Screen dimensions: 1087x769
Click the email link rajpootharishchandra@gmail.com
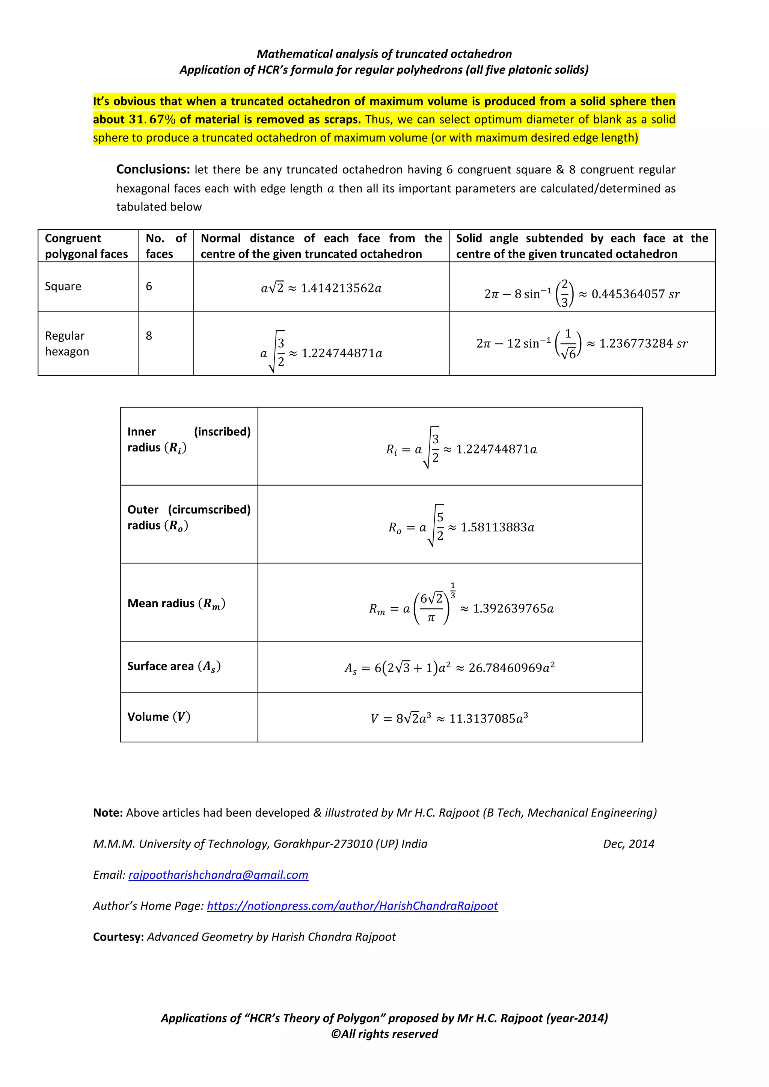pyautogui.click(x=218, y=875)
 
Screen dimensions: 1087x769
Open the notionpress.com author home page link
pyautogui.click(x=352, y=906)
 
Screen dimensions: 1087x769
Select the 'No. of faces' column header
pyautogui.click(x=166, y=246)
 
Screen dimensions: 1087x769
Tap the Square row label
pyautogui.click(x=63, y=286)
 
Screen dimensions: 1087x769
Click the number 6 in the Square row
pyautogui.click(x=149, y=286)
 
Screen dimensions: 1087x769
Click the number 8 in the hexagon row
pyautogui.click(x=149, y=336)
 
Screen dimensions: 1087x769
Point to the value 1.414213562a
pyautogui.click(x=341, y=288)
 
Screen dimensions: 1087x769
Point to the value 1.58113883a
pyautogui.click(x=497, y=527)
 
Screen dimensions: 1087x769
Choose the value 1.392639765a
pyautogui.click(x=513, y=608)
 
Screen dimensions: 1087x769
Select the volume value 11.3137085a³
pyautogui.click(x=488, y=719)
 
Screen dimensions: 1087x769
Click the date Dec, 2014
pyautogui.click(x=628, y=844)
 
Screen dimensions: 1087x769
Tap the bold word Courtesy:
pyautogui.click(x=118, y=937)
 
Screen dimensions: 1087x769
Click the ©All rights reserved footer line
pyautogui.click(x=384, y=1034)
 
